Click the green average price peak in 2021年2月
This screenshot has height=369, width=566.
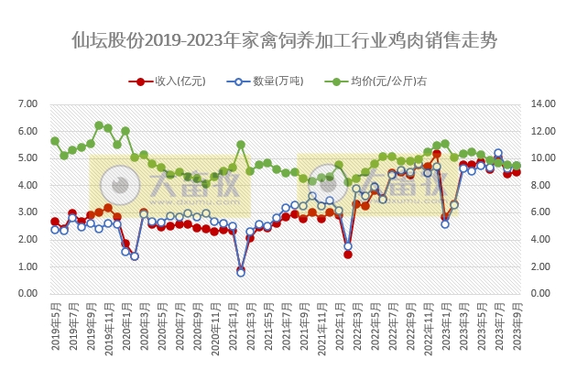point(241,145)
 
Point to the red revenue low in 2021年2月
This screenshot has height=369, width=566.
point(241,271)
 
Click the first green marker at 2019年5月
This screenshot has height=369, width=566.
point(55,141)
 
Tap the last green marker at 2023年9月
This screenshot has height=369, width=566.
point(517,166)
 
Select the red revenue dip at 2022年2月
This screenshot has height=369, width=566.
point(348,254)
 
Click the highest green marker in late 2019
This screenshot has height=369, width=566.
point(99,125)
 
